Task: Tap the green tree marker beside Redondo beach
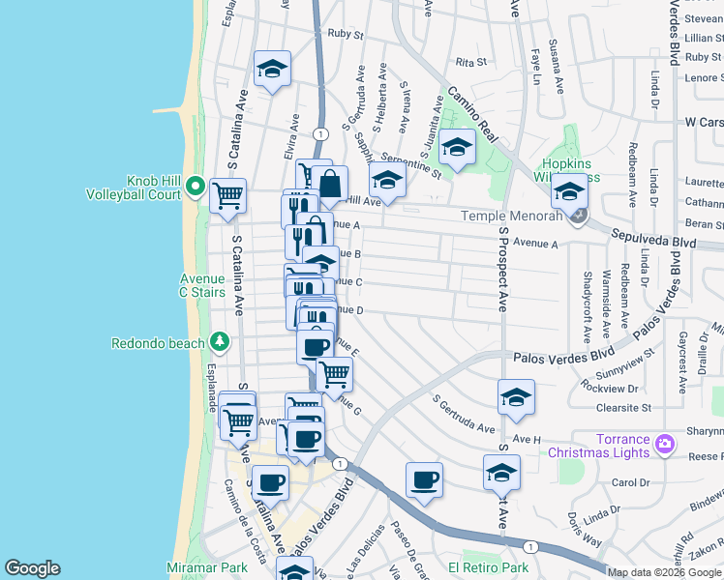click(221, 342)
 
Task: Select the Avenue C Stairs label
click(202, 285)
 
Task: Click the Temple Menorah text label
click(511, 217)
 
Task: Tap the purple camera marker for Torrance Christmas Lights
click(665, 445)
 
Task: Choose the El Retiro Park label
click(488, 567)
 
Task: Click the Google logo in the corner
click(32, 568)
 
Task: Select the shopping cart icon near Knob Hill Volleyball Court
click(227, 195)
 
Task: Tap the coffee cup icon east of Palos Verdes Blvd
click(424, 479)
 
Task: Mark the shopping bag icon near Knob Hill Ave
click(330, 183)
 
